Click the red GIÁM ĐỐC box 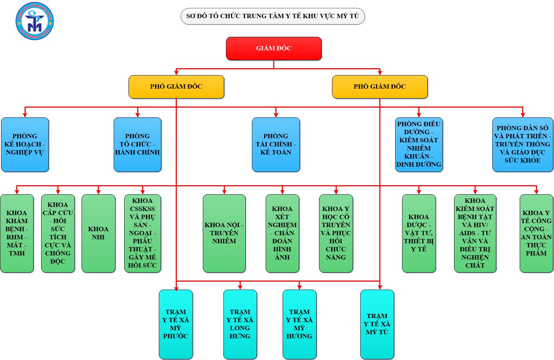point(274,48)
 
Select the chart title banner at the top point(272,16)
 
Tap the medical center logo point(35,21)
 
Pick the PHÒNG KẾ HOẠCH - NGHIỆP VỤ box point(25,144)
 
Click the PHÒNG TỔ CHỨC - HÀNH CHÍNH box point(137,144)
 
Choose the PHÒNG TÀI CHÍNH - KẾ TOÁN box point(276,144)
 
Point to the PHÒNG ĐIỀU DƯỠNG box point(419,144)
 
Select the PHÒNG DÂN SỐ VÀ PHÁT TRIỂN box point(522,144)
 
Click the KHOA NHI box point(98,233)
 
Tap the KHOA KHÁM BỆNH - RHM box point(17,233)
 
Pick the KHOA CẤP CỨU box point(58,233)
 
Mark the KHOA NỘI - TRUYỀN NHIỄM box point(224,233)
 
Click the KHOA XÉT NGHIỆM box point(282,233)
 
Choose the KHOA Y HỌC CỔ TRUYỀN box point(336,233)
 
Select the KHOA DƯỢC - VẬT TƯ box point(419,233)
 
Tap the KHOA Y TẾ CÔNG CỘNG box point(536,233)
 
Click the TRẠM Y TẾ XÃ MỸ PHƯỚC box point(176,324)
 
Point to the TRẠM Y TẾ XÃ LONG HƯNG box point(240,324)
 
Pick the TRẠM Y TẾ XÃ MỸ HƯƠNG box point(299,324)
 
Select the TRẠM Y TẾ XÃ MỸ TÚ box point(377,324)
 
